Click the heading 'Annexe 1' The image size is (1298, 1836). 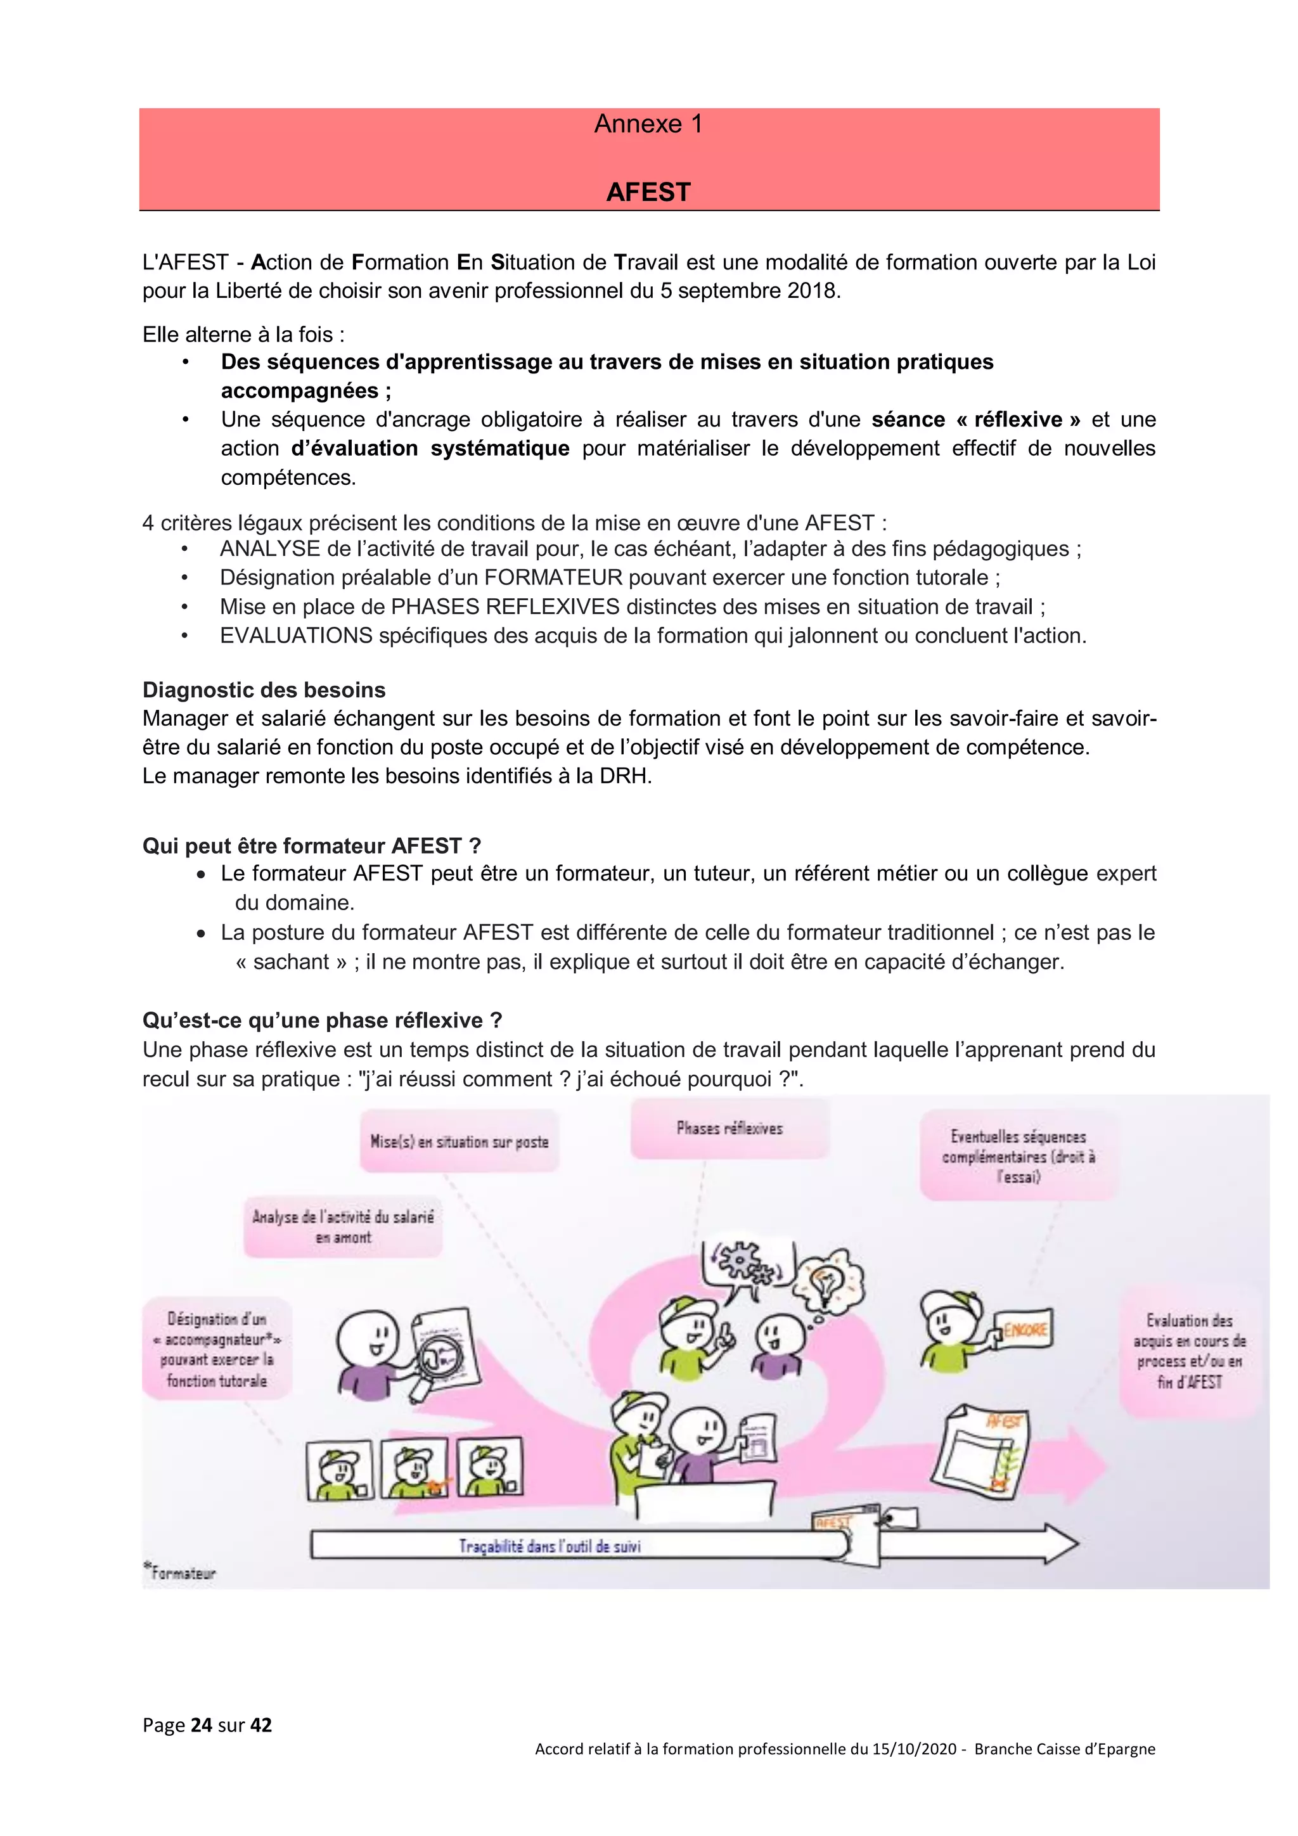pos(648,124)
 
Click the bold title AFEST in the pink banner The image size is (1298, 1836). pos(648,192)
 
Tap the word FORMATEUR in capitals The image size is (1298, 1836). pos(553,577)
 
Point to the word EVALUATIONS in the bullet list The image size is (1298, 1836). pos(296,636)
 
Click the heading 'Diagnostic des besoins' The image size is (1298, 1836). pos(264,690)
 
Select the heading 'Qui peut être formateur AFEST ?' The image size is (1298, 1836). pos(312,846)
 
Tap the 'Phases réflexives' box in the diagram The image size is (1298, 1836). pos(729,1128)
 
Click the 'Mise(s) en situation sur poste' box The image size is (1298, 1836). pos(459,1142)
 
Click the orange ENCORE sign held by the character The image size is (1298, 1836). pos(1024,1330)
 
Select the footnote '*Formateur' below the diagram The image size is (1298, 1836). pos(180,1573)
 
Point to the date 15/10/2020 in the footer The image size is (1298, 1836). pos(914,1749)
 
